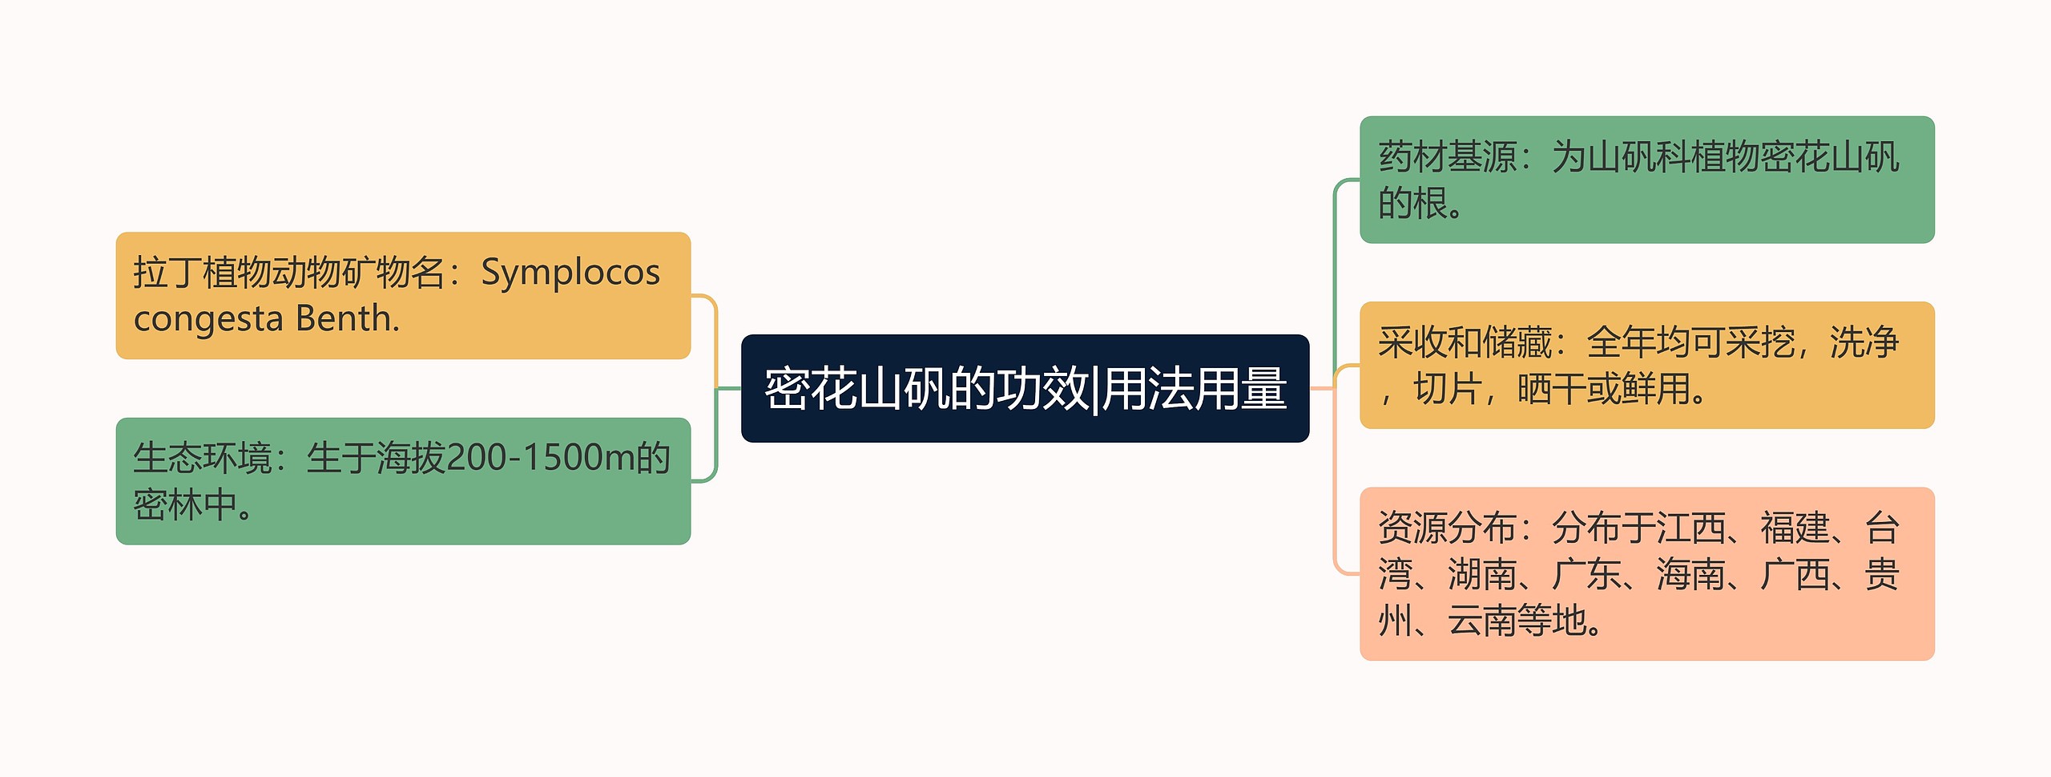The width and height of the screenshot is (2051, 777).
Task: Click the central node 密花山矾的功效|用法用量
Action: [1025, 389]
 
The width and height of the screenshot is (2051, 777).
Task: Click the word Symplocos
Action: [570, 273]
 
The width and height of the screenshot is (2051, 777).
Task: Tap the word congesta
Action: [208, 319]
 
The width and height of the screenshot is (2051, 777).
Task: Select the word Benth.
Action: [347, 319]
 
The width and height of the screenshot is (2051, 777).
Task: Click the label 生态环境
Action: [202, 459]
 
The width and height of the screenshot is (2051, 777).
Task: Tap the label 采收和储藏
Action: [1465, 342]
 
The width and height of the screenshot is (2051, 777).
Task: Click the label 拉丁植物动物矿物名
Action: [288, 273]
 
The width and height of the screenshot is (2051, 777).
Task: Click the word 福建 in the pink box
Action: [1795, 528]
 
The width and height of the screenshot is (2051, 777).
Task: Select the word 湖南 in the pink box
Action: [1482, 575]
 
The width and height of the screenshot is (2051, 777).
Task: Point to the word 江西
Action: [1690, 528]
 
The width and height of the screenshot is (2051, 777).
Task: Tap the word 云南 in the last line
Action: [1482, 621]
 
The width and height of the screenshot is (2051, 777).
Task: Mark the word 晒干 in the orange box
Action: [1551, 390]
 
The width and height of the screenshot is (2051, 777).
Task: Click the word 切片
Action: [1447, 390]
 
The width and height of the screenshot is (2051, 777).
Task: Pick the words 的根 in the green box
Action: [1412, 204]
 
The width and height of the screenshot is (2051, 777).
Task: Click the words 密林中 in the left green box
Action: [185, 505]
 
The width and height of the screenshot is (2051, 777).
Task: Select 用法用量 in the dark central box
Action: [1195, 389]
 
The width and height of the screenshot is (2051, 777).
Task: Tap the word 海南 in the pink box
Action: [1690, 575]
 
